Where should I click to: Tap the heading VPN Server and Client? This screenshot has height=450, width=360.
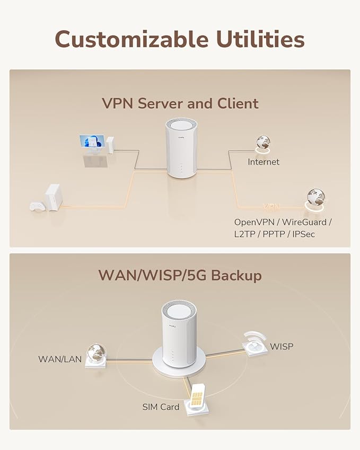click(180, 103)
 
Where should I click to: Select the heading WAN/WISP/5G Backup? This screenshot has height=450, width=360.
click(180, 276)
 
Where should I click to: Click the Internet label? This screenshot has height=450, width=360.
click(264, 162)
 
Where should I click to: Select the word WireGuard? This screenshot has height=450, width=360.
click(309, 222)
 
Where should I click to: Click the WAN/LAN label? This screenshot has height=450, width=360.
click(60, 359)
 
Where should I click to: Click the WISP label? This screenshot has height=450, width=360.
click(281, 347)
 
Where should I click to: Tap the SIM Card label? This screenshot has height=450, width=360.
click(161, 407)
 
